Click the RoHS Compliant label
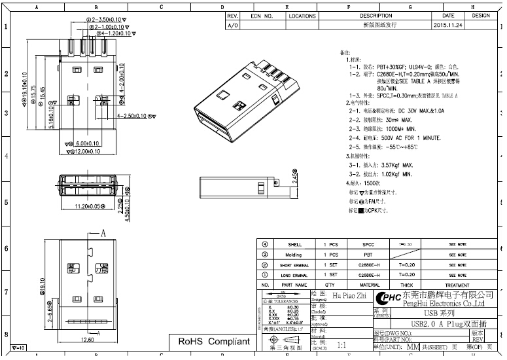pos(214,342)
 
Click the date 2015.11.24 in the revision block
pos(448,25)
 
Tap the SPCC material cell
pos(369,244)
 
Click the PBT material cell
pos(369,255)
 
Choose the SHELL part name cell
pos(294,244)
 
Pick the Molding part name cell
pos(294,255)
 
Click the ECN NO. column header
pos(262,16)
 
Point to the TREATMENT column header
pos(457,285)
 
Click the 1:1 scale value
pos(341,344)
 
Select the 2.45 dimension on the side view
pos(295,177)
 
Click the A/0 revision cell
pos(232,25)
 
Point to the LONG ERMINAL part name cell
pos(294,275)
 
